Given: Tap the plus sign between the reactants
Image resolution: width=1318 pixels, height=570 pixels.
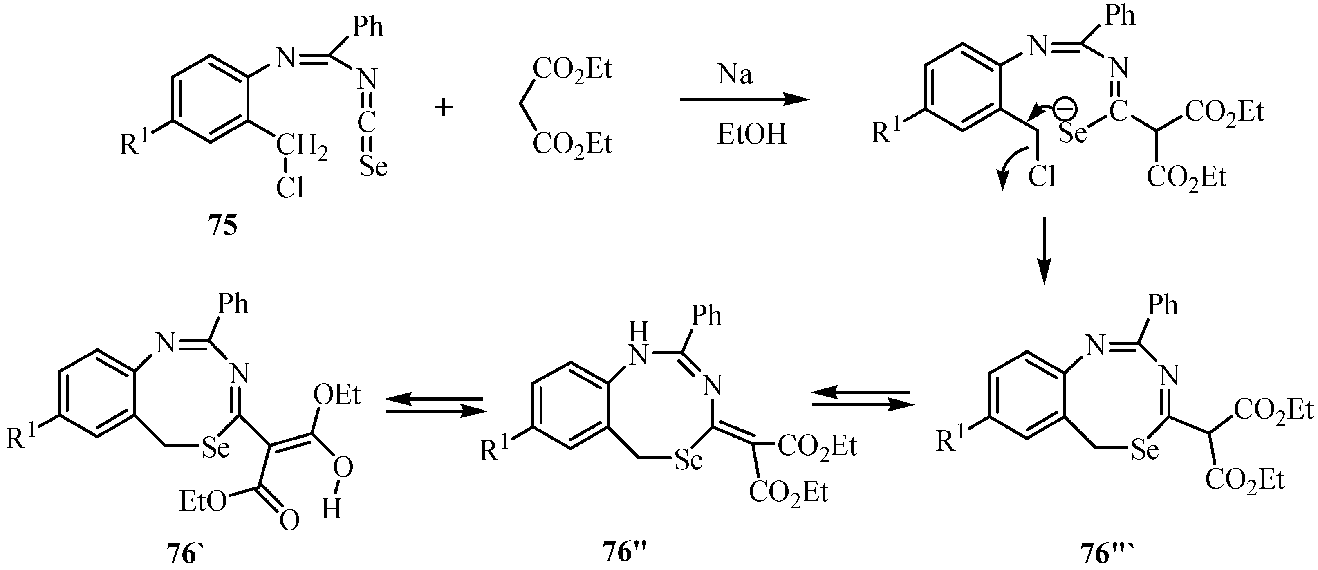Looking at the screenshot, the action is [443, 108].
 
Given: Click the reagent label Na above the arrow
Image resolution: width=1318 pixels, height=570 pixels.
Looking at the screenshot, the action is [735, 75].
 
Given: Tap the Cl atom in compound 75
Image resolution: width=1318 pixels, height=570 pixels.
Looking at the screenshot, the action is [290, 188].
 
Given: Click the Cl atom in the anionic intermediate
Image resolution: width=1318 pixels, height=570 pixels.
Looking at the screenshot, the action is [1042, 177].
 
